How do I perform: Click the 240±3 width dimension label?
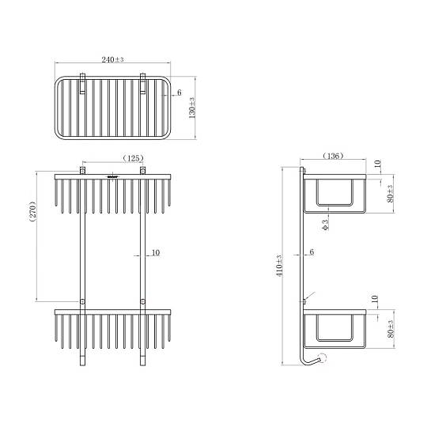pos(112,59)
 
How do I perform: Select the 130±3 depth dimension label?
pos(192,108)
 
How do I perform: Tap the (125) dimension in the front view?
pos(133,158)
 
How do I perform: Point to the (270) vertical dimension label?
pos(33,211)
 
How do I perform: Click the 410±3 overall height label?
pos(280,266)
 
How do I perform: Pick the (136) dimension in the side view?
pos(333,156)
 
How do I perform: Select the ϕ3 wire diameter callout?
pos(326,225)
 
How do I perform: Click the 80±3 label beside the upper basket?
pos(391,194)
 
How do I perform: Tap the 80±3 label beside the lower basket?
pos(391,329)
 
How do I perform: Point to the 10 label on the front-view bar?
pos(156,253)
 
